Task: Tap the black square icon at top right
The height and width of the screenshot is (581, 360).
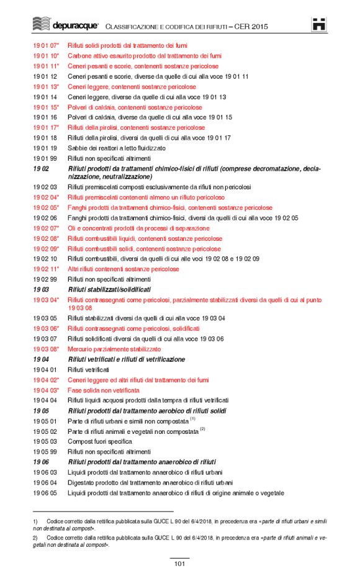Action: coord(319,24)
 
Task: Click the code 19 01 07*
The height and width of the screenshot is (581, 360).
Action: coord(46,45)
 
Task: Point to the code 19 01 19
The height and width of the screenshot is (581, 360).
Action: coord(45,148)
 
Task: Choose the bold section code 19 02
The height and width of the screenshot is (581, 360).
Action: coord(41,169)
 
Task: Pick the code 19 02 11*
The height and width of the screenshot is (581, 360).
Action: coord(46,269)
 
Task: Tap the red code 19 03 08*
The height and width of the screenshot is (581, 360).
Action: coord(46,349)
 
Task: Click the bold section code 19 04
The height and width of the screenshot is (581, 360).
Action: coord(41,359)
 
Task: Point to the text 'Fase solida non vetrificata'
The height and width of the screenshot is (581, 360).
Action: coord(103,390)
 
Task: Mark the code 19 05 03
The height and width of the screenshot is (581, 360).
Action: coord(45,441)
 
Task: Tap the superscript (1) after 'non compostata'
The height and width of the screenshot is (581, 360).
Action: coord(193,419)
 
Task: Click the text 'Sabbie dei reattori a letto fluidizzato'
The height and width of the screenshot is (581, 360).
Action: coord(117,148)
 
